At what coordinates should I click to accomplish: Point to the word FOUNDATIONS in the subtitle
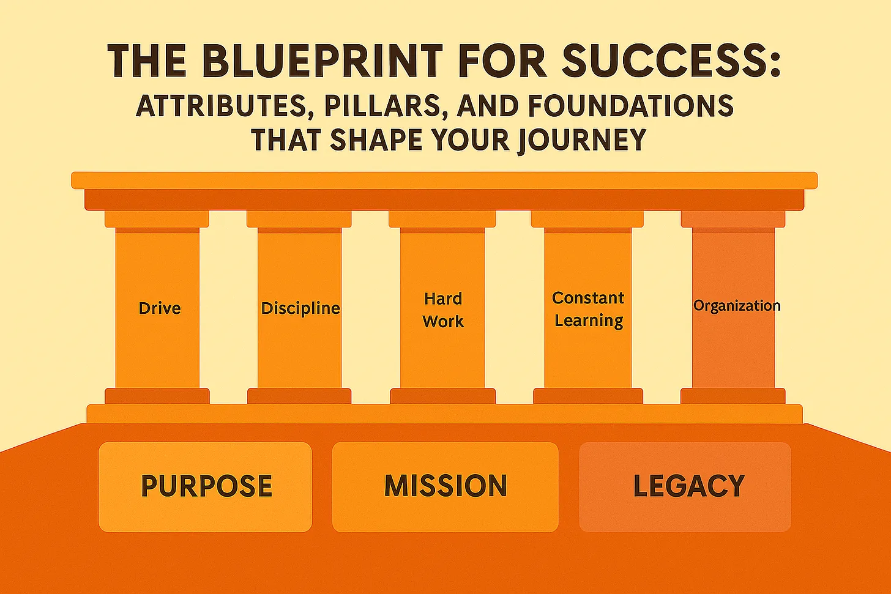[631, 106]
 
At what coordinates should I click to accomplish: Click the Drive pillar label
[160, 308]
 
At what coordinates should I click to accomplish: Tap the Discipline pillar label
[300, 308]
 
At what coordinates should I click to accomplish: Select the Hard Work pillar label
[443, 310]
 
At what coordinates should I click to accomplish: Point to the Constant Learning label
[588, 309]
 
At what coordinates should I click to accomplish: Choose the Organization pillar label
[737, 305]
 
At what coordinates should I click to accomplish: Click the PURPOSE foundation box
[206, 486]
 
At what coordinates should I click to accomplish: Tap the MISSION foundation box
[446, 486]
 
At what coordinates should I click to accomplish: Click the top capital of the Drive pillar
[157, 219]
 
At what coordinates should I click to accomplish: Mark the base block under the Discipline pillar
[299, 396]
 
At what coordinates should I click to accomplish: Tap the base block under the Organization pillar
[733, 396]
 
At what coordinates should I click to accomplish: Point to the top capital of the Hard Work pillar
[442, 219]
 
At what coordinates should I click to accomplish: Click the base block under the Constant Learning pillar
[588, 396]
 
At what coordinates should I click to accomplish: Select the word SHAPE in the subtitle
[378, 140]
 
